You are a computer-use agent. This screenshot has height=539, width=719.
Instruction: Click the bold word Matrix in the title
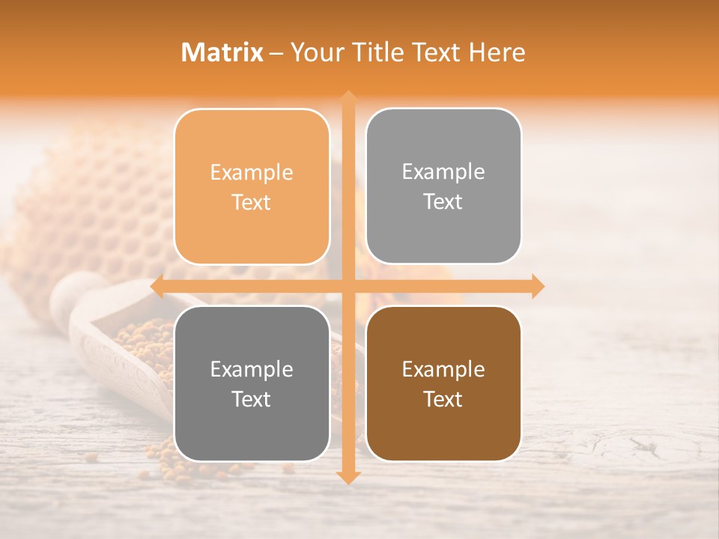point(222,52)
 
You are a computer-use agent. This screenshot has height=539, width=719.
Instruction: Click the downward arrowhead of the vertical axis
point(348,477)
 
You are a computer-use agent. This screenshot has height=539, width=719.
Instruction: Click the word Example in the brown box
point(443,369)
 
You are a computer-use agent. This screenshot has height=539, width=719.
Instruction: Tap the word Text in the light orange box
point(252,202)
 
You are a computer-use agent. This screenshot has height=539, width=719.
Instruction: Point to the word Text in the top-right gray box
point(443,202)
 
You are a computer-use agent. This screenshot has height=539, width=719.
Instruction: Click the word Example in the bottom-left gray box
point(252,369)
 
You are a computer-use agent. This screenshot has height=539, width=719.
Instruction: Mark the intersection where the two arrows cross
point(348,286)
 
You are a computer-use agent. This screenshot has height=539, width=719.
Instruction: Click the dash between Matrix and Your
point(276,53)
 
